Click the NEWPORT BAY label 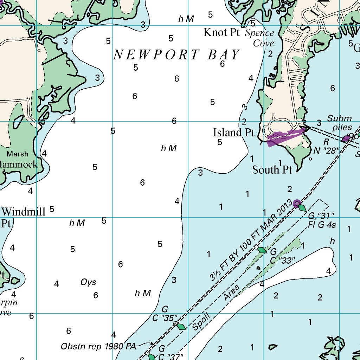[x=177, y=55]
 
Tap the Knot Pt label [x=221, y=33]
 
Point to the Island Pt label [x=233, y=133]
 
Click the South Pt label [x=272, y=170]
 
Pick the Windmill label [x=24, y=212]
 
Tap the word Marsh [x=17, y=154]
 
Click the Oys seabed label [x=88, y=282]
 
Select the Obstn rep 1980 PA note [x=98, y=347]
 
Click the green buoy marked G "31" [x=302, y=208]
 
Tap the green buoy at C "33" [x=262, y=250]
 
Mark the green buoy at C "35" [x=181, y=327]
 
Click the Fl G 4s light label [x=322, y=225]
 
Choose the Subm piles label [x=339, y=123]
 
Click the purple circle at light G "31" [x=297, y=203]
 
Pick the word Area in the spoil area [x=232, y=293]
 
